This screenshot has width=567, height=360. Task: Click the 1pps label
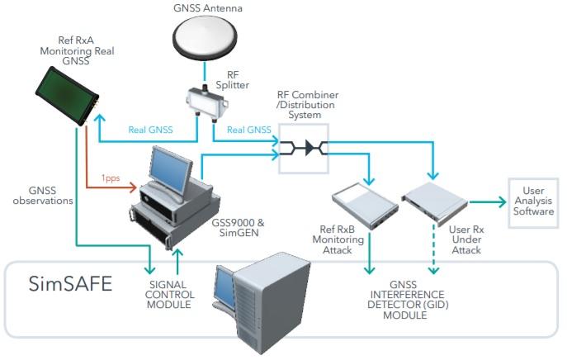[112, 178]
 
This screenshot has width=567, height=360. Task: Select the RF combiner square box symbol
[304, 149]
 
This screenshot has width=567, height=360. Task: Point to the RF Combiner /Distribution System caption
[307, 105]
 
